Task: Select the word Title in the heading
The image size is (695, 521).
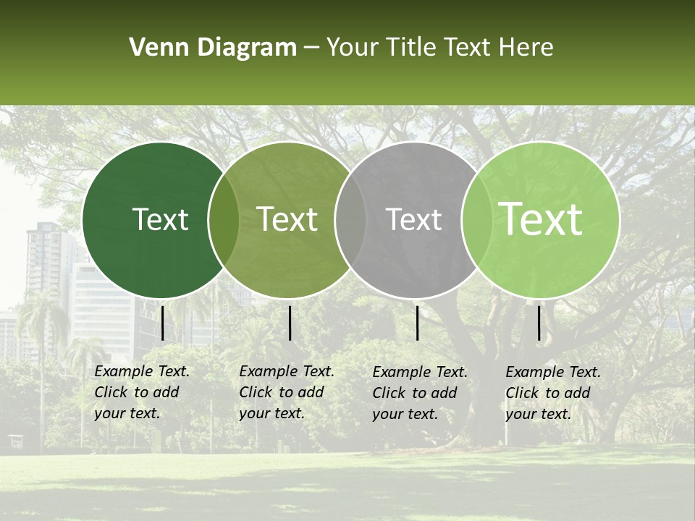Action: coord(413,48)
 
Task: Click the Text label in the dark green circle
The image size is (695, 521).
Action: coord(160,219)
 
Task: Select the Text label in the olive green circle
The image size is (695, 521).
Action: coord(287,219)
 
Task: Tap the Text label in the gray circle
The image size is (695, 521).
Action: coord(413,219)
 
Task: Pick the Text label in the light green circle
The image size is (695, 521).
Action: coord(541,219)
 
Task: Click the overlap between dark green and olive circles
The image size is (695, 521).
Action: coord(224,219)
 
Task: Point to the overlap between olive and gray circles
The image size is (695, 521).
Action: coord(350,219)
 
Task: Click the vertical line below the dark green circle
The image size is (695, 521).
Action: coord(162,323)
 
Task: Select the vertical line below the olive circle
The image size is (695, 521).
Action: coord(290,323)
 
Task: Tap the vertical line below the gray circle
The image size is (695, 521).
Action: coord(417,323)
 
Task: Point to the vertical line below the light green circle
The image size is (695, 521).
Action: coord(539,323)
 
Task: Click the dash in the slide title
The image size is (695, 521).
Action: coord(311,48)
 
